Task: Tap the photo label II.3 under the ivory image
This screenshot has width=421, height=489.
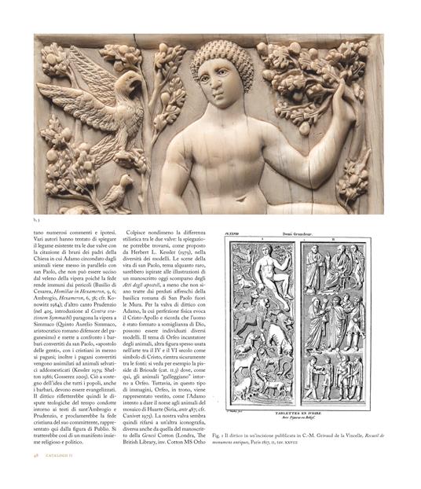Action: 36,219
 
